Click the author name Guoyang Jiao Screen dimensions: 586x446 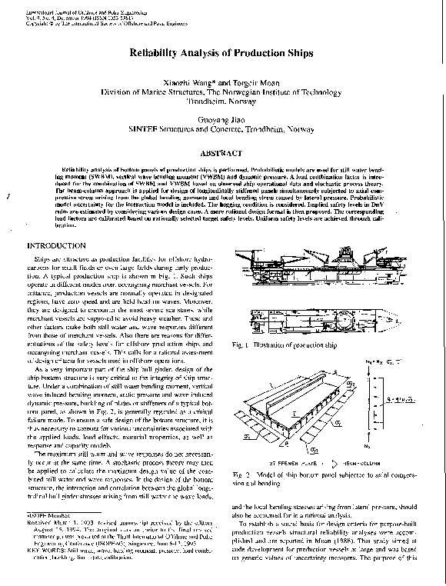coord(222,119)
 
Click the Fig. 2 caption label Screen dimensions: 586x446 coord(242,474)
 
